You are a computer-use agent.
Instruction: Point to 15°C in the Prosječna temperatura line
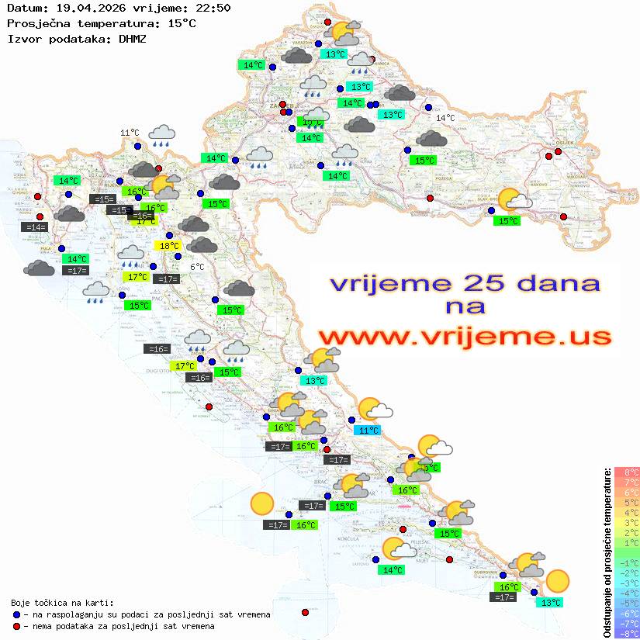point(182,23)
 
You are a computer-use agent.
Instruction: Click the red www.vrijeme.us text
point(464,337)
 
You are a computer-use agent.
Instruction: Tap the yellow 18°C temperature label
point(168,246)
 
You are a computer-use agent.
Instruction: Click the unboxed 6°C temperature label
point(197,267)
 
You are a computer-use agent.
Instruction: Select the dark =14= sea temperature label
point(35,227)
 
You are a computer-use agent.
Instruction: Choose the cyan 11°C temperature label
point(367,431)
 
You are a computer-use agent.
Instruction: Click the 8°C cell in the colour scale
point(627,472)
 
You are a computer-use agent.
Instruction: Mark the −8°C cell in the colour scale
point(627,633)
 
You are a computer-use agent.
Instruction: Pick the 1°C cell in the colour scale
point(627,543)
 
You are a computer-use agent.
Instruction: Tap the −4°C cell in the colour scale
point(627,593)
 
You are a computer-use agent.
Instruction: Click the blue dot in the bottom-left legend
point(17,614)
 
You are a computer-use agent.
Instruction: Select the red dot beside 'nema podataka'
point(17,626)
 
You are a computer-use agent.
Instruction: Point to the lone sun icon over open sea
point(262,505)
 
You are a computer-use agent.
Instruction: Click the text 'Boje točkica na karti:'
point(62,603)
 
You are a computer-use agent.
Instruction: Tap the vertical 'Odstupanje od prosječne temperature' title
point(606,552)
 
